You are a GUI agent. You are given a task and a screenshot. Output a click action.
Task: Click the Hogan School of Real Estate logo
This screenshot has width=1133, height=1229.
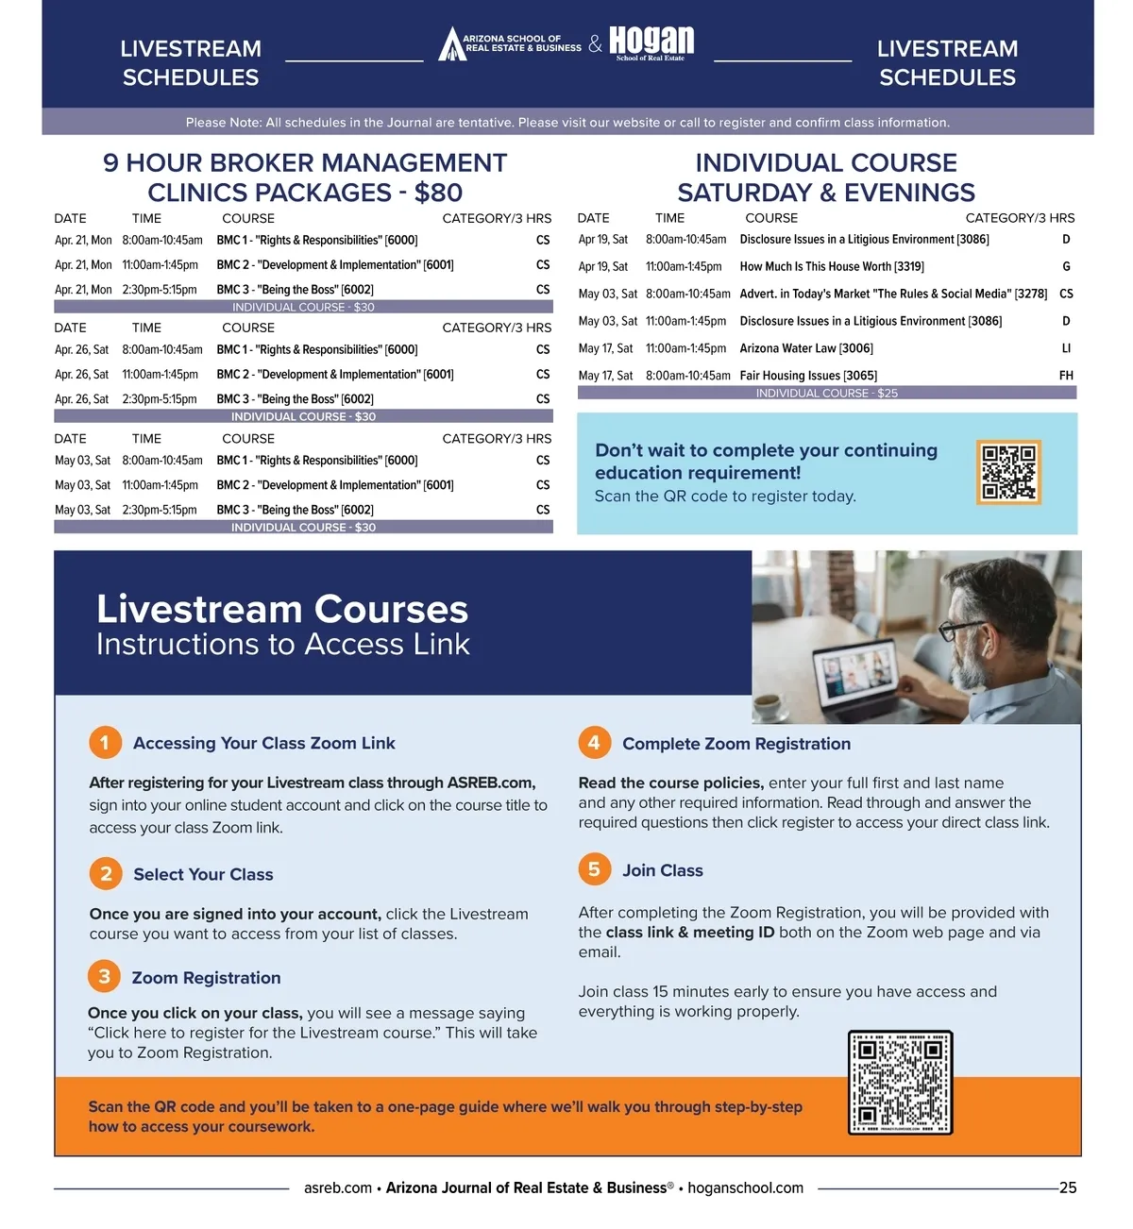click(651, 42)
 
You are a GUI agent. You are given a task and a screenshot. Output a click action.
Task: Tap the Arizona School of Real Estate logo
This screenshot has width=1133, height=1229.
click(510, 43)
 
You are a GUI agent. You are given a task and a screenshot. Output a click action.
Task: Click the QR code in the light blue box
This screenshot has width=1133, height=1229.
click(1008, 471)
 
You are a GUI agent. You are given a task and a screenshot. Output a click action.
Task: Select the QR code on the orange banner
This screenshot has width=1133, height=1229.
click(900, 1082)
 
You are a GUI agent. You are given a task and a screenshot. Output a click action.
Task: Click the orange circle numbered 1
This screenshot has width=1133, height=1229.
click(105, 743)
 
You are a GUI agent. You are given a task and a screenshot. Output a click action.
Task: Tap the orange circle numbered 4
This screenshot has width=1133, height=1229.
click(594, 743)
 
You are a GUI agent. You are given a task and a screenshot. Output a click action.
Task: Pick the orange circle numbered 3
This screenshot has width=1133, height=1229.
click(104, 976)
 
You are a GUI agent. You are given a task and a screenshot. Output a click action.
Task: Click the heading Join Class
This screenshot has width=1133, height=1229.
click(662, 870)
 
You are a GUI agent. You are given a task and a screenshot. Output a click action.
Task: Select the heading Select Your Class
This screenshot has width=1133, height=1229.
click(203, 874)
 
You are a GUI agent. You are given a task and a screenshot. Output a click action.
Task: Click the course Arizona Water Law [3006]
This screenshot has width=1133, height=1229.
click(806, 348)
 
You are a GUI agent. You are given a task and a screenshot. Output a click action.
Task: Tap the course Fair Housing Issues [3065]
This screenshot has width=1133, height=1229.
click(808, 376)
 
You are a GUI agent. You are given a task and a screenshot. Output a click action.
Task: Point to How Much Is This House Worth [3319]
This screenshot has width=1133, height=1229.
click(832, 266)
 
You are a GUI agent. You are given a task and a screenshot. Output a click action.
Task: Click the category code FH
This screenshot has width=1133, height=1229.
click(1066, 376)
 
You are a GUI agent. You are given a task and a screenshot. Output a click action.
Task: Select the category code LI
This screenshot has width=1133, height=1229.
click(1066, 348)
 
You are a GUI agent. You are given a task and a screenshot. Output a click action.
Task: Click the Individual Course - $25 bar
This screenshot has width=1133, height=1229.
click(826, 393)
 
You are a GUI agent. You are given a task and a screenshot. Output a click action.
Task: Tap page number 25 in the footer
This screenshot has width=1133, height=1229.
click(1068, 1187)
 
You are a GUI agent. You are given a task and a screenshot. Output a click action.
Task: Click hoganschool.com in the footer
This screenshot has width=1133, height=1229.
click(745, 1187)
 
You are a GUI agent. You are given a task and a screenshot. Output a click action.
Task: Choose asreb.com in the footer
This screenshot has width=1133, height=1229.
click(337, 1187)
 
